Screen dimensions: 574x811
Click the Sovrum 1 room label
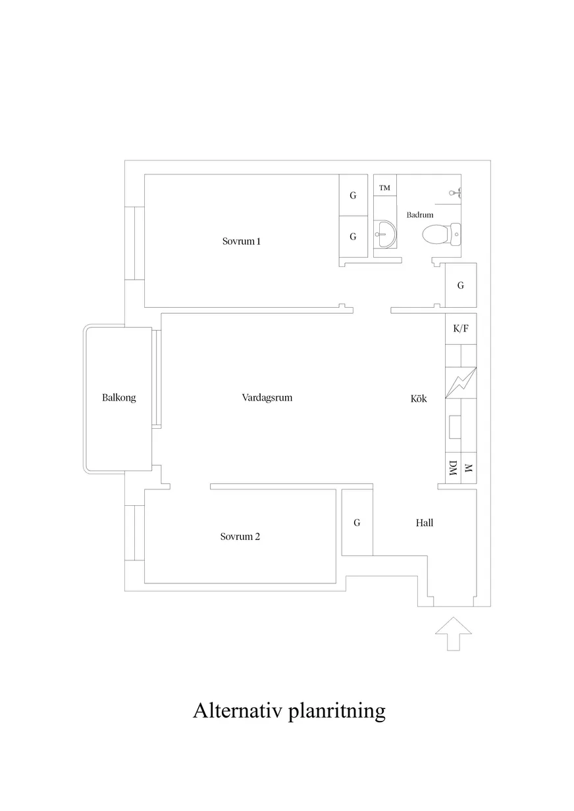(242, 241)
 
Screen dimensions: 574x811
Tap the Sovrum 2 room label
(240, 536)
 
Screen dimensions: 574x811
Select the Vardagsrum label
(267, 397)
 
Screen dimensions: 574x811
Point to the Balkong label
(119, 397)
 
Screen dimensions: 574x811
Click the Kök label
(419, 399)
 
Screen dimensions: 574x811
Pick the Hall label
(425, 522)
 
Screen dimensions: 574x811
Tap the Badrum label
(420, 214)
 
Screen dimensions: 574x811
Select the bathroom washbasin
(385, 234)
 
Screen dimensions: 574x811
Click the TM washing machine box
(385, 185)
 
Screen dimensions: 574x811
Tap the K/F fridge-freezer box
(461, 329)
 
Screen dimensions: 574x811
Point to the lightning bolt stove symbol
(461, 383)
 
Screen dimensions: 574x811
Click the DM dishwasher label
(453, 468)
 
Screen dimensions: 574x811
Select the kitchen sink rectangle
(455, 427)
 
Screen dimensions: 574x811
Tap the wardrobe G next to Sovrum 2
(357, 522)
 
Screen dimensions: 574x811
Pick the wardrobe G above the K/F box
(461, 285)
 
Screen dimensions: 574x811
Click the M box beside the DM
(469, 468)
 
